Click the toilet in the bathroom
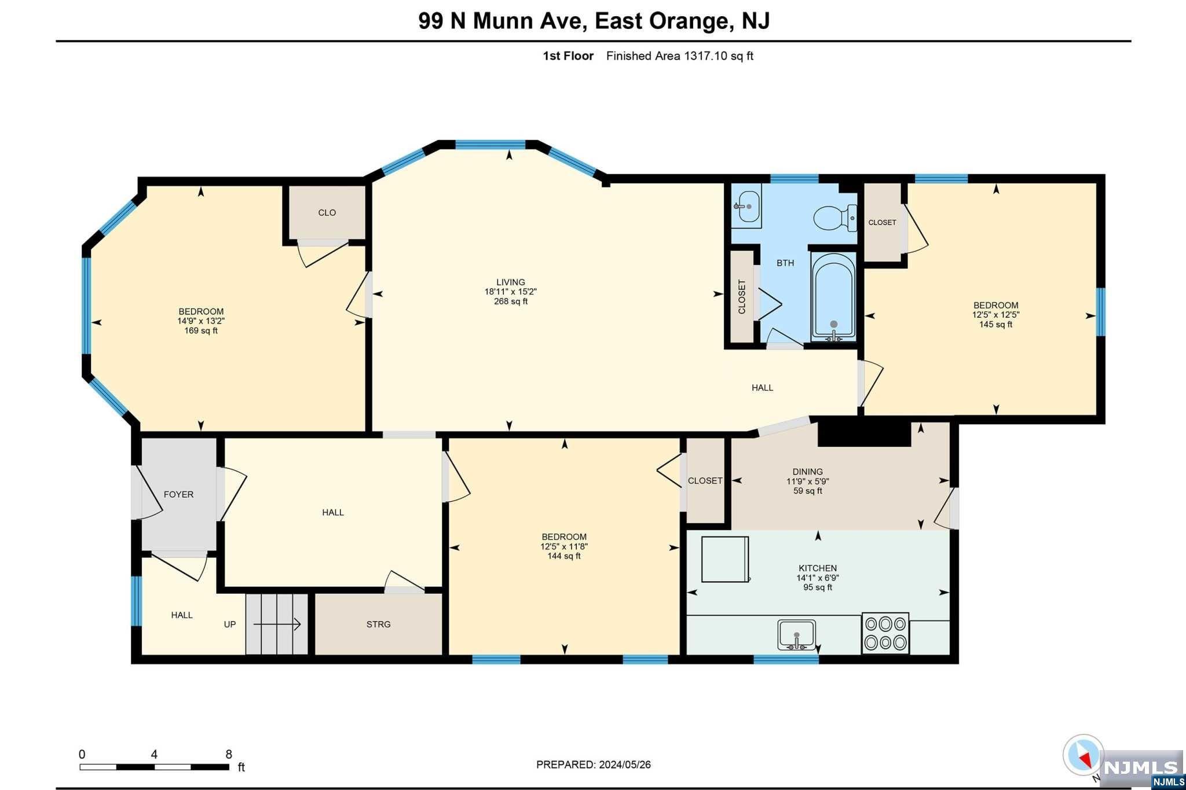coord(835,218)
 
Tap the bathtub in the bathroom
coord(833,296)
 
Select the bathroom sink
coord(747,206)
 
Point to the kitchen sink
coord(796,635)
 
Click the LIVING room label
coord(510,282)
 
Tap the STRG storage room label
coord(378,624)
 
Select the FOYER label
coord(178,494)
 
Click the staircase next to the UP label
coord(277,624)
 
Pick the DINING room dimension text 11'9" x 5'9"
coord(808,481)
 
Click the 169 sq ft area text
coord(201,330)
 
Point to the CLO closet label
coord(327,212)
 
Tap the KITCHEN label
coord(818,568)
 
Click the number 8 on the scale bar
coord(229,754)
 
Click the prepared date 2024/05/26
coord(624,765)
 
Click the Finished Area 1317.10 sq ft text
coord(680,56)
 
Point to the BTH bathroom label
coord(785,263)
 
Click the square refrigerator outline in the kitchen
coord(725,559)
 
